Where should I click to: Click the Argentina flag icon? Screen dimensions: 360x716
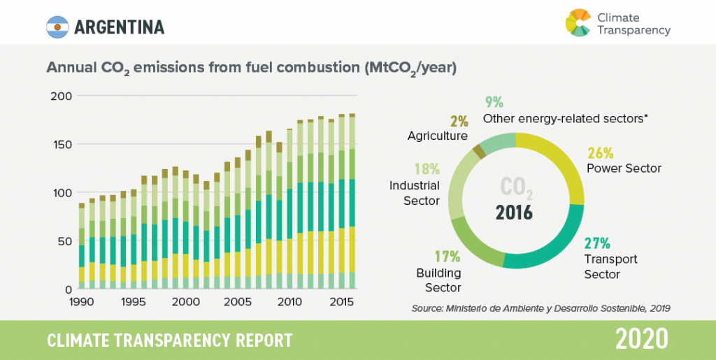tap(57, 27)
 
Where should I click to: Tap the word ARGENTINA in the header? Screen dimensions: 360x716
tap(119, 27)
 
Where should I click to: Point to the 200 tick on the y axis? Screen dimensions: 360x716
tap(61, 96)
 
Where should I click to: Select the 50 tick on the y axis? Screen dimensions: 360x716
tap(64, 241)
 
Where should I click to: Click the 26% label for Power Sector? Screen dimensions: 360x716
tap(600, 153)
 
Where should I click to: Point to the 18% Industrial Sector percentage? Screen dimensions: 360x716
tap(426, 169)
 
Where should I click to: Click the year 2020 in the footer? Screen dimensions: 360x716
tap(642, 340)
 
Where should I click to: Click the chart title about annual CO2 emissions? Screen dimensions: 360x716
tap(252, 69)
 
